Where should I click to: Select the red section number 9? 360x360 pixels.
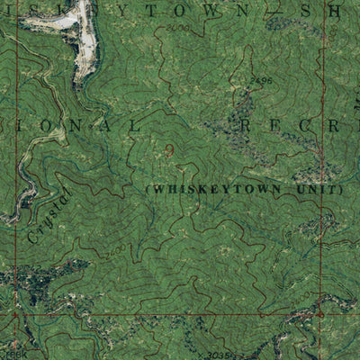point(169,147)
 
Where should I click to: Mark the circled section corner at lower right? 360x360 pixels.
point(319,314)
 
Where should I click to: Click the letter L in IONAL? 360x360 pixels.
point(138,126)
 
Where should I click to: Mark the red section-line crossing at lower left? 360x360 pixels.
point(15,314)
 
